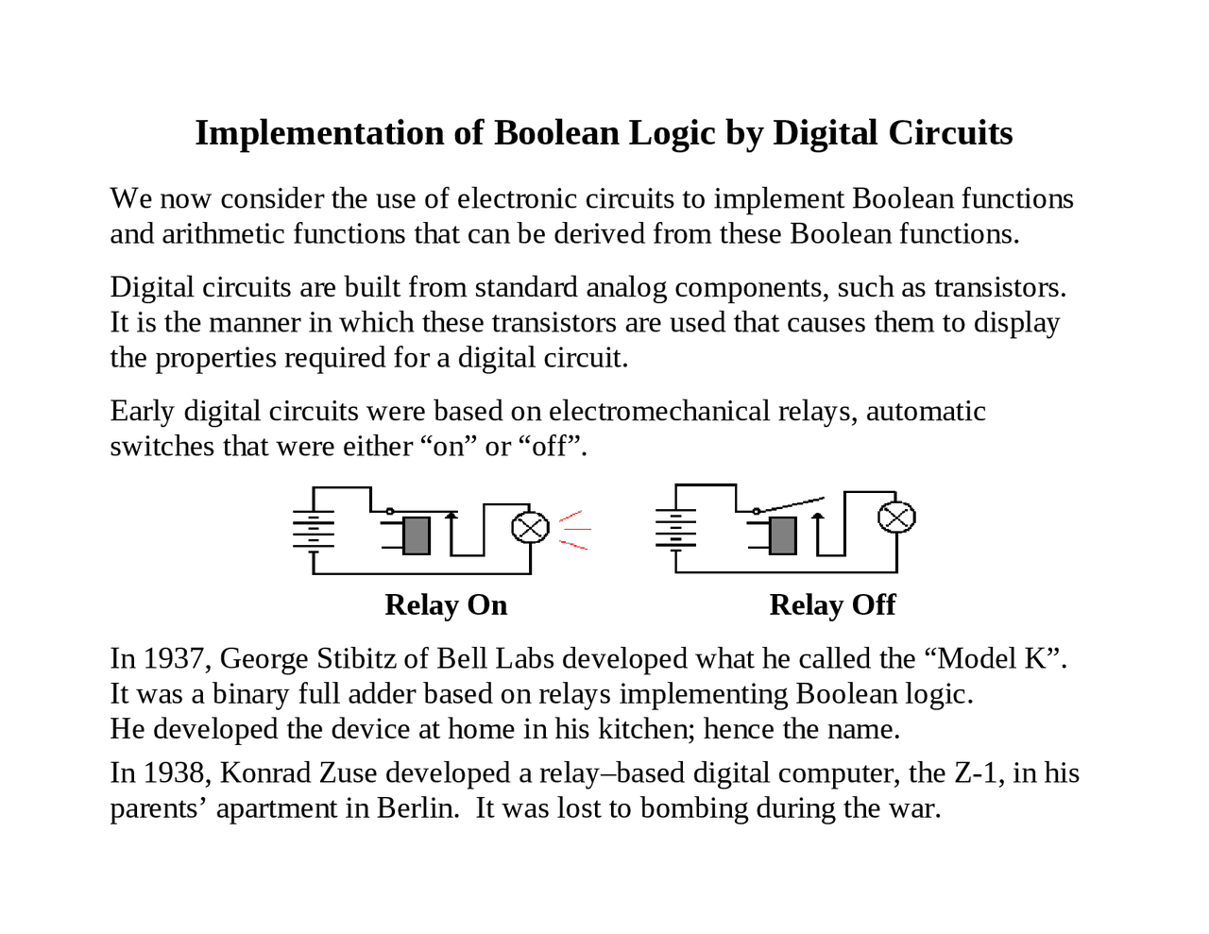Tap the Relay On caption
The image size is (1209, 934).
[x=446, y=605]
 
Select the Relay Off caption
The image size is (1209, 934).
[x=832, y=605]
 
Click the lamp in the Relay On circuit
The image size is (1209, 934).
[x=530, y=527]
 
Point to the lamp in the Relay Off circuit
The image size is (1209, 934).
[x=896, y=517]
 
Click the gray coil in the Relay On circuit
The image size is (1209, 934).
[x=416, y=535]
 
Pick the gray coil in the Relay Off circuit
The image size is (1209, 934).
[x=782, y=535]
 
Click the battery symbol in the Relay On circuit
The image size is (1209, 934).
[x=314, y=530]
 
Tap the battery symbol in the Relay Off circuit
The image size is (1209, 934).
[x=676, y=529]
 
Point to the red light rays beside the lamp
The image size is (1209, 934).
[x=573, y=530]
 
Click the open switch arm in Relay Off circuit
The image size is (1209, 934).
[x=792, y=504]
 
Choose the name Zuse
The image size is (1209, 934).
[x=349, y=773]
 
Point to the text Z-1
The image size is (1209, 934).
[x=976, y=773]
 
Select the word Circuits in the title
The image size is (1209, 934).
[x=950, y=133]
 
